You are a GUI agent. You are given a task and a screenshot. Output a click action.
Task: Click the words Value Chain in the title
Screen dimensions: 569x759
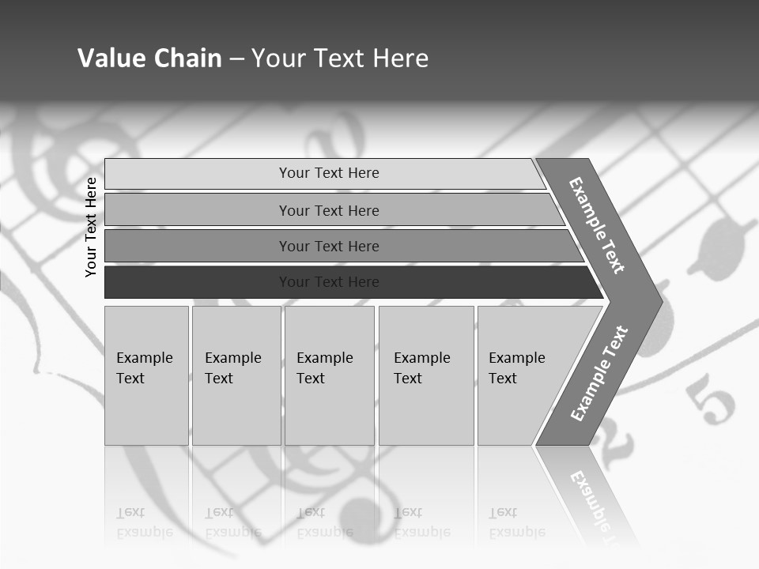[x=149, y=58]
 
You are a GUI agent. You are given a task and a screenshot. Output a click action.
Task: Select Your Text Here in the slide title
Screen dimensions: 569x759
[x=340, y=58]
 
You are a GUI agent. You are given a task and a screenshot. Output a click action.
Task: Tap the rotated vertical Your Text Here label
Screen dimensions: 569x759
[x=91, y=227]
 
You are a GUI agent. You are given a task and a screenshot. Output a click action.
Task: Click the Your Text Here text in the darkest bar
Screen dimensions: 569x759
[x=329, y=282]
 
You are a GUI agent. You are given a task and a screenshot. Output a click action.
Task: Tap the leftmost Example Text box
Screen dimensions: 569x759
[x=146, y=375]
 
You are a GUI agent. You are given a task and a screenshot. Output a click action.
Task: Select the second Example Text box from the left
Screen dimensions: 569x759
[x=236, y=375]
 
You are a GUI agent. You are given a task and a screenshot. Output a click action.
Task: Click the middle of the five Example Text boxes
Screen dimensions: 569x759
[x=329, y=375]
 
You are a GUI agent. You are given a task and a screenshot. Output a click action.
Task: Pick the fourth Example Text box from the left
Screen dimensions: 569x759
[x=426, y=375]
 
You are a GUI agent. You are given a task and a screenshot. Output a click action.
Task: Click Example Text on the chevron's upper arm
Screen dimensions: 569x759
[x=597, y=225]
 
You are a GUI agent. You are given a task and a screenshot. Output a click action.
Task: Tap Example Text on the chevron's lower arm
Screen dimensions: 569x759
[x=599, y=373]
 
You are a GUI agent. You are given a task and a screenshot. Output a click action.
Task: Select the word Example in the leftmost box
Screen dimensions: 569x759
[x=144, y=358]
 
